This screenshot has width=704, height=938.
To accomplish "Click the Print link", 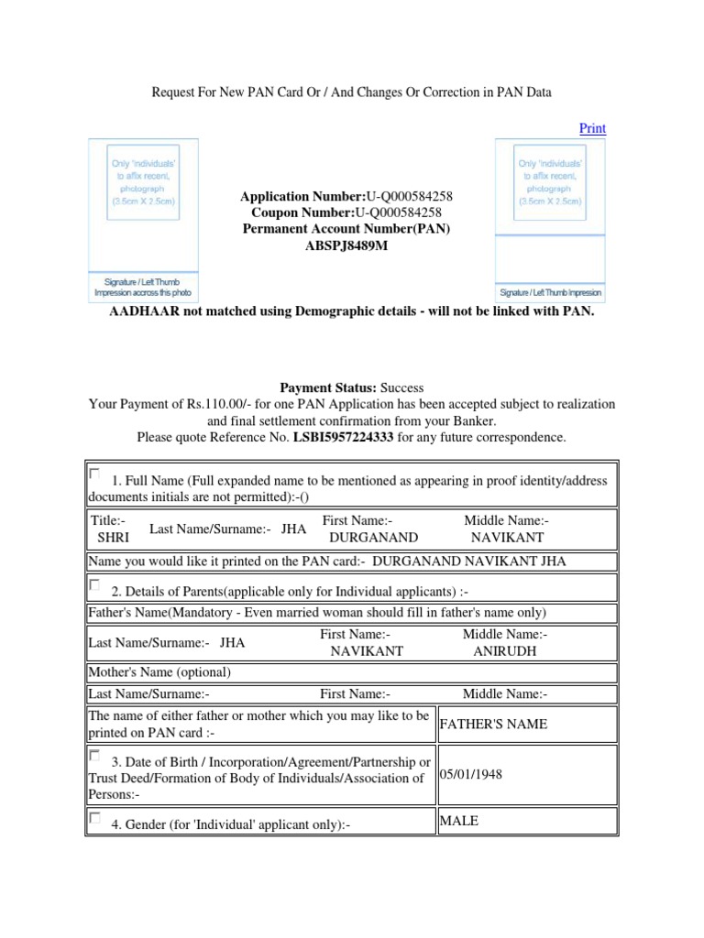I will [x=592, y=128].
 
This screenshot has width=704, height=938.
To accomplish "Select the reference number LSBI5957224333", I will [x=343, y=438].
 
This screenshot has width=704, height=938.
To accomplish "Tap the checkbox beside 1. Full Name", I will [x=95, y=474].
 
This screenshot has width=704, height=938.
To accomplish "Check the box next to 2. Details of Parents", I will [x=95, y=584].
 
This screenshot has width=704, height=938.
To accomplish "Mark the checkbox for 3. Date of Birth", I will [x=95, y=757].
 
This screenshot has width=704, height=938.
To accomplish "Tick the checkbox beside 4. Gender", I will [x=95, y=819].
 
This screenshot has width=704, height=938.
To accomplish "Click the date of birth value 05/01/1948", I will [x=471, y=774].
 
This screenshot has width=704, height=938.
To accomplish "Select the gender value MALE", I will [x=459, y=821].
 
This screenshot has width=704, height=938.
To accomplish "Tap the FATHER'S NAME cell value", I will [x=493, y=724].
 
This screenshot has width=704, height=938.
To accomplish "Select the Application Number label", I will [x=302, y=196].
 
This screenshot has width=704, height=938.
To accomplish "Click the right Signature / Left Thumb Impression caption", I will [x=550, y=293].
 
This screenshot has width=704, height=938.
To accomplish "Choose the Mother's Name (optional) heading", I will [x=159, y=672].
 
